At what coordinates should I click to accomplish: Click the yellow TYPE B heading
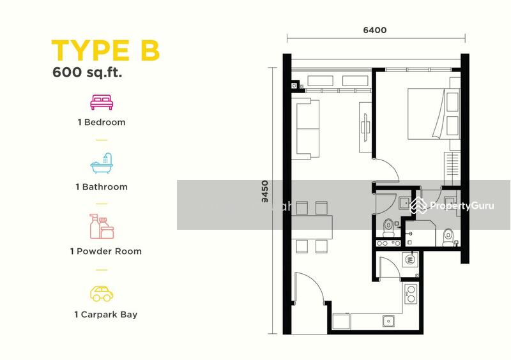[105, 50]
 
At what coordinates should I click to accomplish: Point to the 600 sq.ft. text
[87, 72]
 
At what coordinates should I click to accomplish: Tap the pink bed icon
[102, 102]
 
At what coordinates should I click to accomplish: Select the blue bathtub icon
[102, 163]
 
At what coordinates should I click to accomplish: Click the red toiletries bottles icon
[102, 226]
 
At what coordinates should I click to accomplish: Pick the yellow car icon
[102, 294]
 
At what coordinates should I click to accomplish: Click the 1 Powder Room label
[106, 251]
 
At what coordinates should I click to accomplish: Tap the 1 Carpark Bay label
[106, 315]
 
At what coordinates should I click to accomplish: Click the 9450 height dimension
[265, 191]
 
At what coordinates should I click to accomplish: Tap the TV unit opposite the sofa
[365, 127]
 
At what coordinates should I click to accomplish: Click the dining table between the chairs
[312, 227]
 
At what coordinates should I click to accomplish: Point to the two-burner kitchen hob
[411, 294]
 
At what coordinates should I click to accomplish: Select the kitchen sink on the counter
[388, 321]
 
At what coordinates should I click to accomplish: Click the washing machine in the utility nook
[410, 260]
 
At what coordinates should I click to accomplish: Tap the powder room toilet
[388, 227]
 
